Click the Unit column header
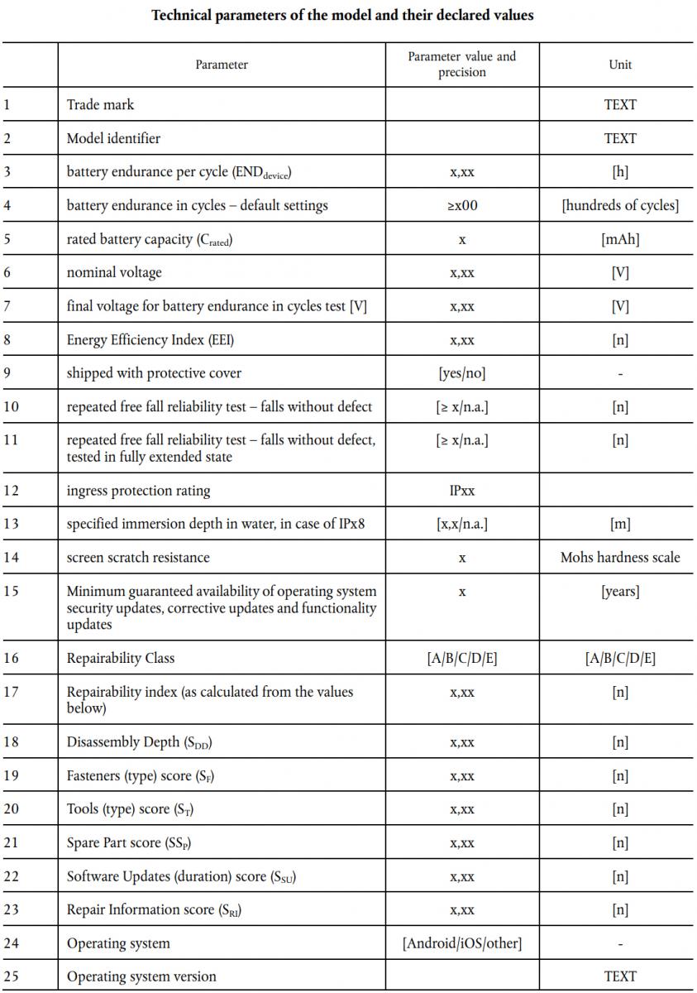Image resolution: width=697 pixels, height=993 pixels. click(620, 65)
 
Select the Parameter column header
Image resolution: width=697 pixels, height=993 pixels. click(222, 65)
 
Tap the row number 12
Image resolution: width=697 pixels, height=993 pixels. click(10, 491)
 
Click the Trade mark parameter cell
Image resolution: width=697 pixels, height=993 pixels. click(100, 105)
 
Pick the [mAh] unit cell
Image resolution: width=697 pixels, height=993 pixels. click(620, 239)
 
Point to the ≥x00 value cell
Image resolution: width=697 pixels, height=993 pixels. click(461, 206)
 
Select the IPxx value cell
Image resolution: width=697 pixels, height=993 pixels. click(461, 491)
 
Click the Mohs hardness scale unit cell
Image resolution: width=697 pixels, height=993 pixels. click(620, 558)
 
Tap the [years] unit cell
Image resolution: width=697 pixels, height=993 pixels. click(620, 592)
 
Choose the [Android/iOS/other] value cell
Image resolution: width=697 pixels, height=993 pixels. click(461, 943)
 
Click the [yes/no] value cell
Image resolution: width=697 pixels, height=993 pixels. click(461, 373)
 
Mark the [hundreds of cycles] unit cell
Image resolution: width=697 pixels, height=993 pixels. click(620, 206)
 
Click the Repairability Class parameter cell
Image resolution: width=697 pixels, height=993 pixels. click(121, 659)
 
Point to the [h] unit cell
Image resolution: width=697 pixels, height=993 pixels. click(620, 172)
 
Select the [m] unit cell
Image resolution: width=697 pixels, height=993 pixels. click(620, 524)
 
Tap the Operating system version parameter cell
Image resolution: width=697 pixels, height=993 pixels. click(141, 976)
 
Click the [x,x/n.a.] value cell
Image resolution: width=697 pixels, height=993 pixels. click(461, 524)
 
